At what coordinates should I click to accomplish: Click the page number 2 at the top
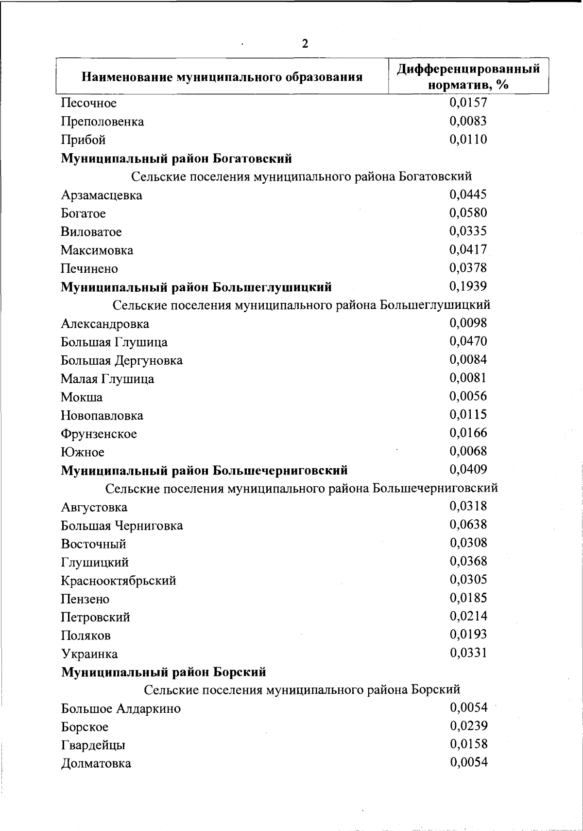(x=305, y=44)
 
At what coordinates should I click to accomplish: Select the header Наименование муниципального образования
(x=222, y=77)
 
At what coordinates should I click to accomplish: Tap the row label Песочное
(x=88, y=103)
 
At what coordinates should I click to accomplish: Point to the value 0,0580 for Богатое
(x=468, y=212)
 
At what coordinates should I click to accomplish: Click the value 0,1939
(x=468, y=286)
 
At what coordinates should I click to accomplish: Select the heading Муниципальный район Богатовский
(x=176, y=159)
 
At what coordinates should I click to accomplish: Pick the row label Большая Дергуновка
(x=121, y=360)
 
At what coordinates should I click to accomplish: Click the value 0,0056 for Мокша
(x=468, y=396)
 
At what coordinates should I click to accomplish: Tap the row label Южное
(x=82, y=452)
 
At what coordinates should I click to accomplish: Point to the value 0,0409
(x=468, y=469)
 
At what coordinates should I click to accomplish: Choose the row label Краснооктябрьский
(x=118, y=581)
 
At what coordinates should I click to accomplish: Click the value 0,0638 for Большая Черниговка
(x=468, y=524)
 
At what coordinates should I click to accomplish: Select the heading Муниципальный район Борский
(x=163, y=672)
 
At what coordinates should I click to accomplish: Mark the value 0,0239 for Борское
(x=468, y=726)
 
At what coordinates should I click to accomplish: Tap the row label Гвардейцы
(x=93, y=745)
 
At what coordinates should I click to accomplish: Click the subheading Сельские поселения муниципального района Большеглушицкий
(x=301, y=305)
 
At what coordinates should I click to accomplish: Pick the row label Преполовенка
(x=102, y=122)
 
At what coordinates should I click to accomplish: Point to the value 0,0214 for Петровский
(x=468, y=616)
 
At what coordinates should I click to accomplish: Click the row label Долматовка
(x=96, y=763)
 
